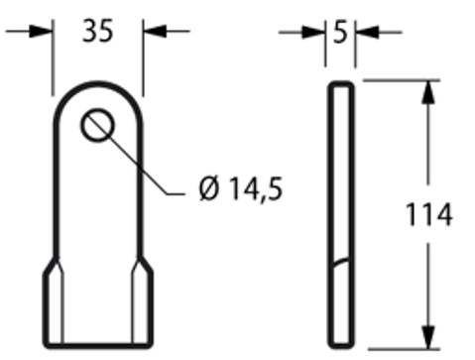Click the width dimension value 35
click(97, 31)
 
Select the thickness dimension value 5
click(339, 33)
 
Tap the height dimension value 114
click(429, 213)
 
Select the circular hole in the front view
click(98, 126)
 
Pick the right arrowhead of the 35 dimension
click(153, 32)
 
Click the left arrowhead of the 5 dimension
click(319, 33)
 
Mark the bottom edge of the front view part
click(98, 347)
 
